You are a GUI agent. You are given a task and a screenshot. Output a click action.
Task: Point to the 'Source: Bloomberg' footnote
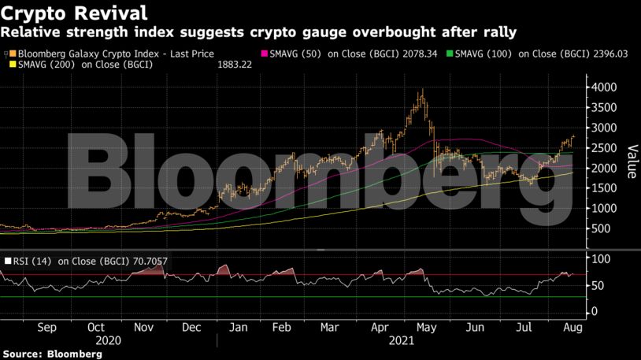click(x=52, y=354)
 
